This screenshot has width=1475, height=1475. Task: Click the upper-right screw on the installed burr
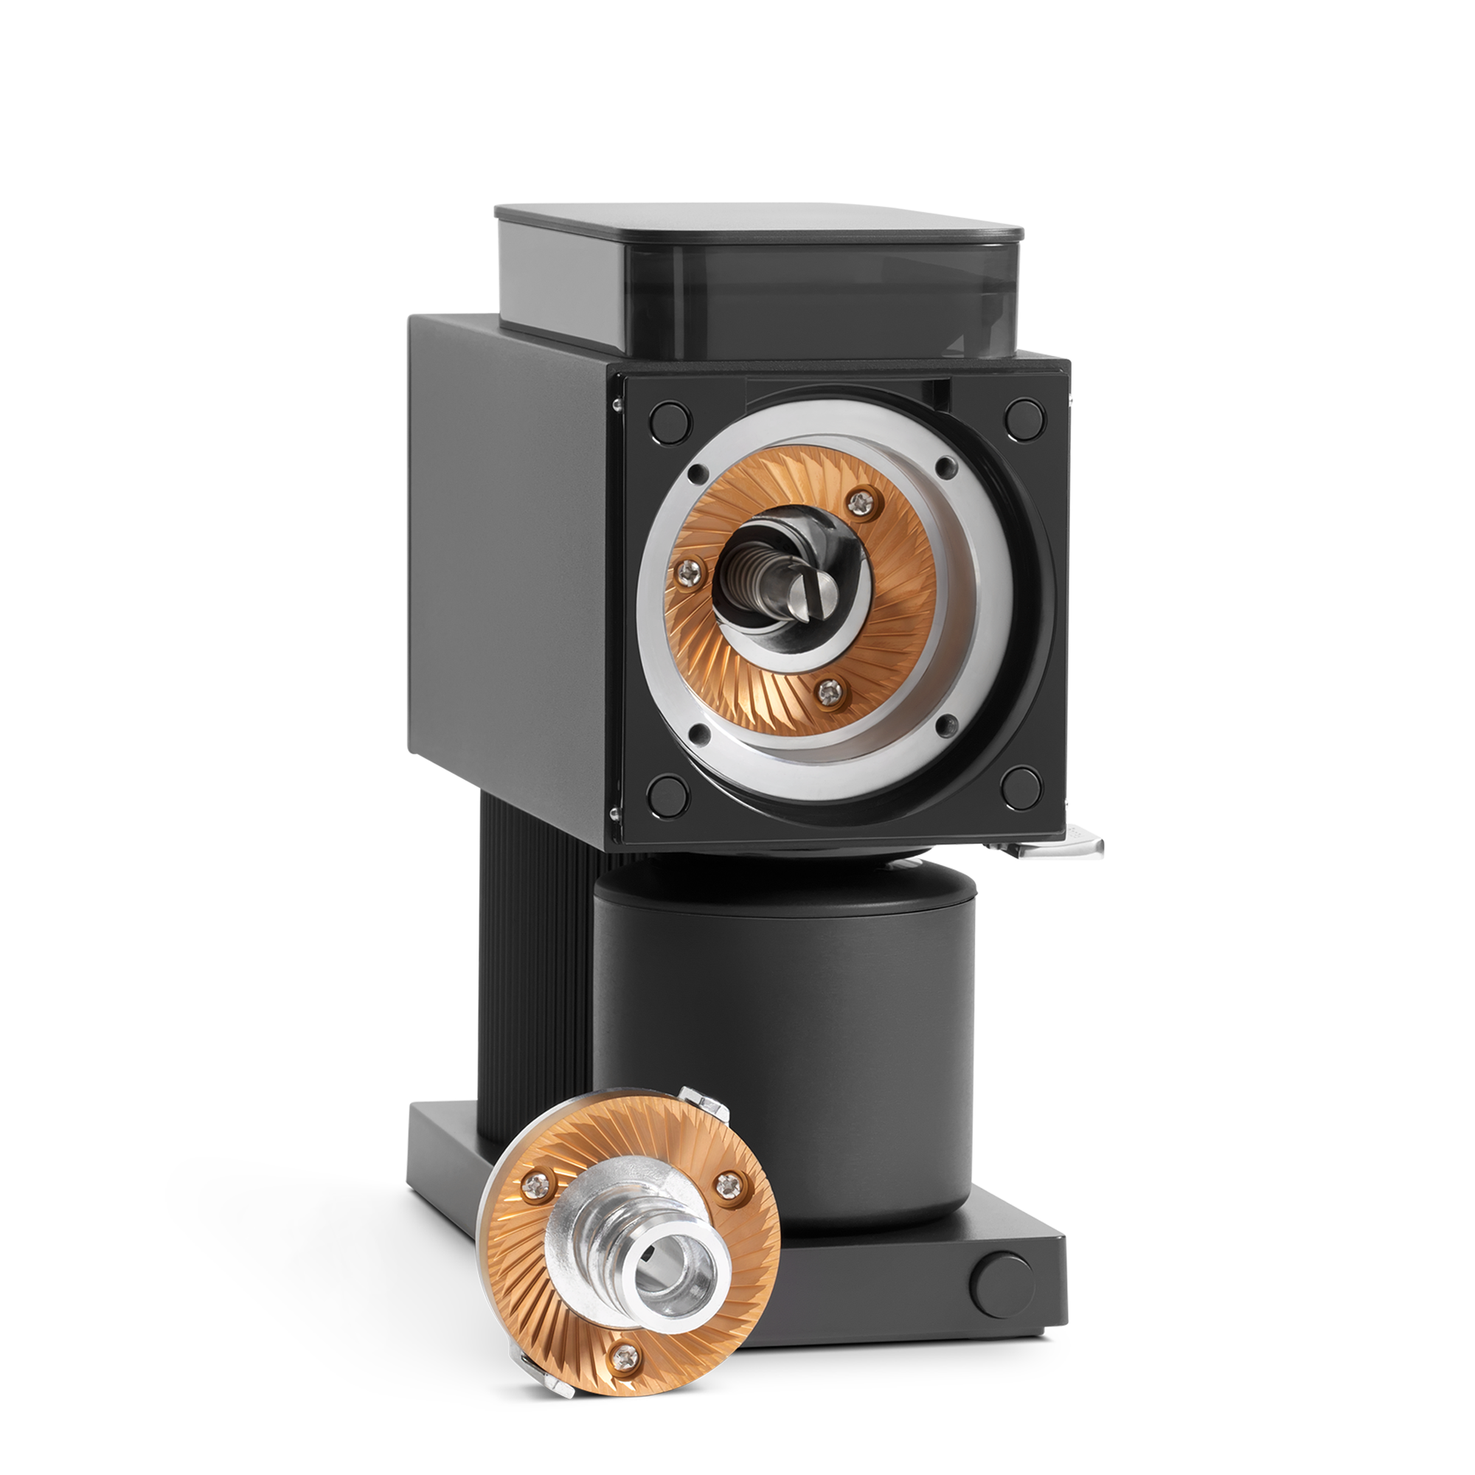(863, 502)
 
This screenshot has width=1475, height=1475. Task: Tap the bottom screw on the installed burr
(827, 693)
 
